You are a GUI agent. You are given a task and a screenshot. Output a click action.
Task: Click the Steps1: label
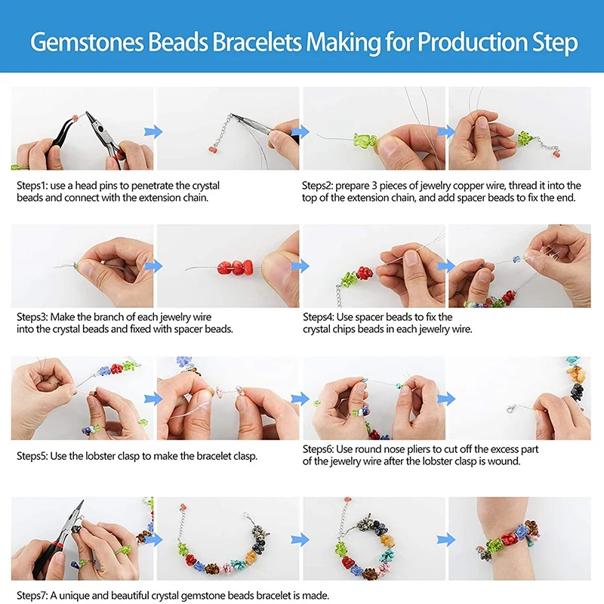pyautogui.click(x=32, y=185)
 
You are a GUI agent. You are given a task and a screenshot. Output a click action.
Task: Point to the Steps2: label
pyautogui.click(x=319, y=185)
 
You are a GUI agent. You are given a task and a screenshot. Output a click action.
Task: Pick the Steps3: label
pyautogui.click(x=32, y=317)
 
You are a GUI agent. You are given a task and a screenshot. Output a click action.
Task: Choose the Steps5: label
pyautogui.click(x=32, y=456)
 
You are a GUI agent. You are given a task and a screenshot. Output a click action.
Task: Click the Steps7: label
pyautogui.click(x=32, y=596)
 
